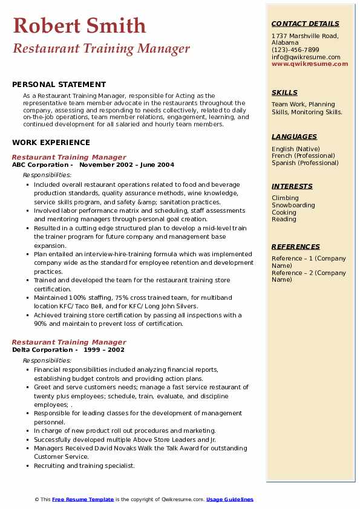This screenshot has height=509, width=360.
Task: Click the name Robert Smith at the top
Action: pos(79,26)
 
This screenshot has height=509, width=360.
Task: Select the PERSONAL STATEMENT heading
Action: pos(59,85)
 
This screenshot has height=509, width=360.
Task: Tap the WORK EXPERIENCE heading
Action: pos(51,143)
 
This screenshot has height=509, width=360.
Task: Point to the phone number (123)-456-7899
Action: pos(295,50)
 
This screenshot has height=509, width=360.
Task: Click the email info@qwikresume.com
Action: pos(306,57)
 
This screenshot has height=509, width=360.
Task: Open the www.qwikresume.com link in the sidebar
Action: pos(310,63)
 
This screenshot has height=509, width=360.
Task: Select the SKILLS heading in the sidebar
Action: pos(284,92)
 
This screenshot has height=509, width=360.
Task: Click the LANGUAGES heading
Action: pos(294,137)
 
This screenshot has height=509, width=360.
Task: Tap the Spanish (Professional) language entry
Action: pos(306,163)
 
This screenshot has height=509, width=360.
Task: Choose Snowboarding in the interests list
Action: pos(293,205)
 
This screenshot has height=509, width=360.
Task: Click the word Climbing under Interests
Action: pos(285,198)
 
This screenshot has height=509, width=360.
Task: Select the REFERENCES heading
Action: pos(296,247)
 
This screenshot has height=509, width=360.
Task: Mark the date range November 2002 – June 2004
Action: pos(126,164)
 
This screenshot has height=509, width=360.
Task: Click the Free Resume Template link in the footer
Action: pos(83,499)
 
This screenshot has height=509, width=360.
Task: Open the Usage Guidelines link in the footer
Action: pos(230,499)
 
